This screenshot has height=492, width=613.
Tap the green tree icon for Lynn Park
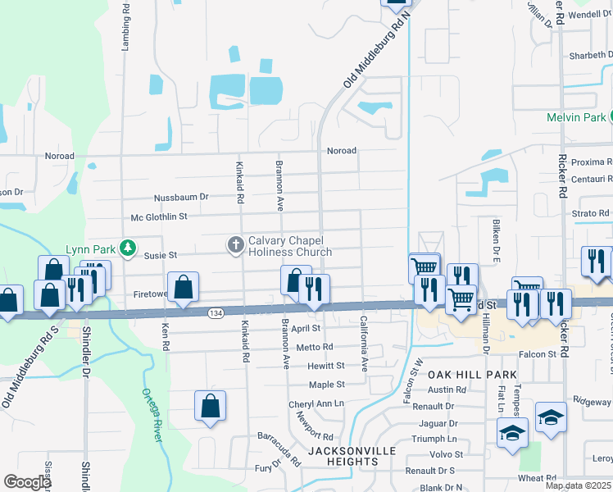coord(127,248)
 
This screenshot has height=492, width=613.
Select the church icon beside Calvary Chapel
coord(235,244)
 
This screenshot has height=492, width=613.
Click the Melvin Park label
coord(576,117)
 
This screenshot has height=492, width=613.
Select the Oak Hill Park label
coord(472,375)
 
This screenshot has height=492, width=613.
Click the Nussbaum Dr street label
coord(182,197)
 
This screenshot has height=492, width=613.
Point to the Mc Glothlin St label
coord(159,216)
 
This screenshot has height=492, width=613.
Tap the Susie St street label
coord(161,255)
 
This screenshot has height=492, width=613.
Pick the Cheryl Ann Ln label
coord(316,404)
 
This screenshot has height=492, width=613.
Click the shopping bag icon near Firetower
coord(184,287)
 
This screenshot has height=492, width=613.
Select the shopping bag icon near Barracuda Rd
coord(210,405)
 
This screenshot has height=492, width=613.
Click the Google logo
coord(27,482)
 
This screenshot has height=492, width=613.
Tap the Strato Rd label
coord(591,212)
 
